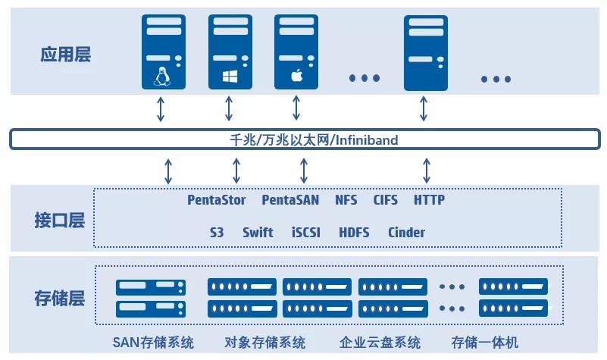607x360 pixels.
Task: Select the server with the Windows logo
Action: [x=230, y=52]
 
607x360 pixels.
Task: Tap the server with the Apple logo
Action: [x=296, y=52]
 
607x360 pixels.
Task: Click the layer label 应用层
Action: [x=66, y=54]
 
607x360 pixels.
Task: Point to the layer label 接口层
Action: [x=59, y=221]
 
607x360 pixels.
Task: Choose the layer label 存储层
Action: [x=59, y=298]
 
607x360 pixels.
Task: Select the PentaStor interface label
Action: [x=217, y=201]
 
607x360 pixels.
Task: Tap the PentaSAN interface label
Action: [x=290, y=201]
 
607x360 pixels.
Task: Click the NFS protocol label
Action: [x=346, y=201]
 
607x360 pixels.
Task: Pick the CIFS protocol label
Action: [x=385, y=201]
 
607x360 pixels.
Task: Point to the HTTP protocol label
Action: [x=429, y=201]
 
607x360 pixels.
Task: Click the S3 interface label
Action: [x=217, y=233]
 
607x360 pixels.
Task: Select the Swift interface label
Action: [x=258, y=233]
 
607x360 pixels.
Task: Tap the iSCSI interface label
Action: [x=306, y=233]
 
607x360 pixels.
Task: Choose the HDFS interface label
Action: [x=354, y=233]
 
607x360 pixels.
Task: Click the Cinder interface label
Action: [x=406, y=233]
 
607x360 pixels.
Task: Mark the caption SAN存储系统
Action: [x=153, y=343]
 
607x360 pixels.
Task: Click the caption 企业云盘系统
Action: [x=380, y=343]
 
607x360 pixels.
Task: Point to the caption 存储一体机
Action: [x=485, y=343]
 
